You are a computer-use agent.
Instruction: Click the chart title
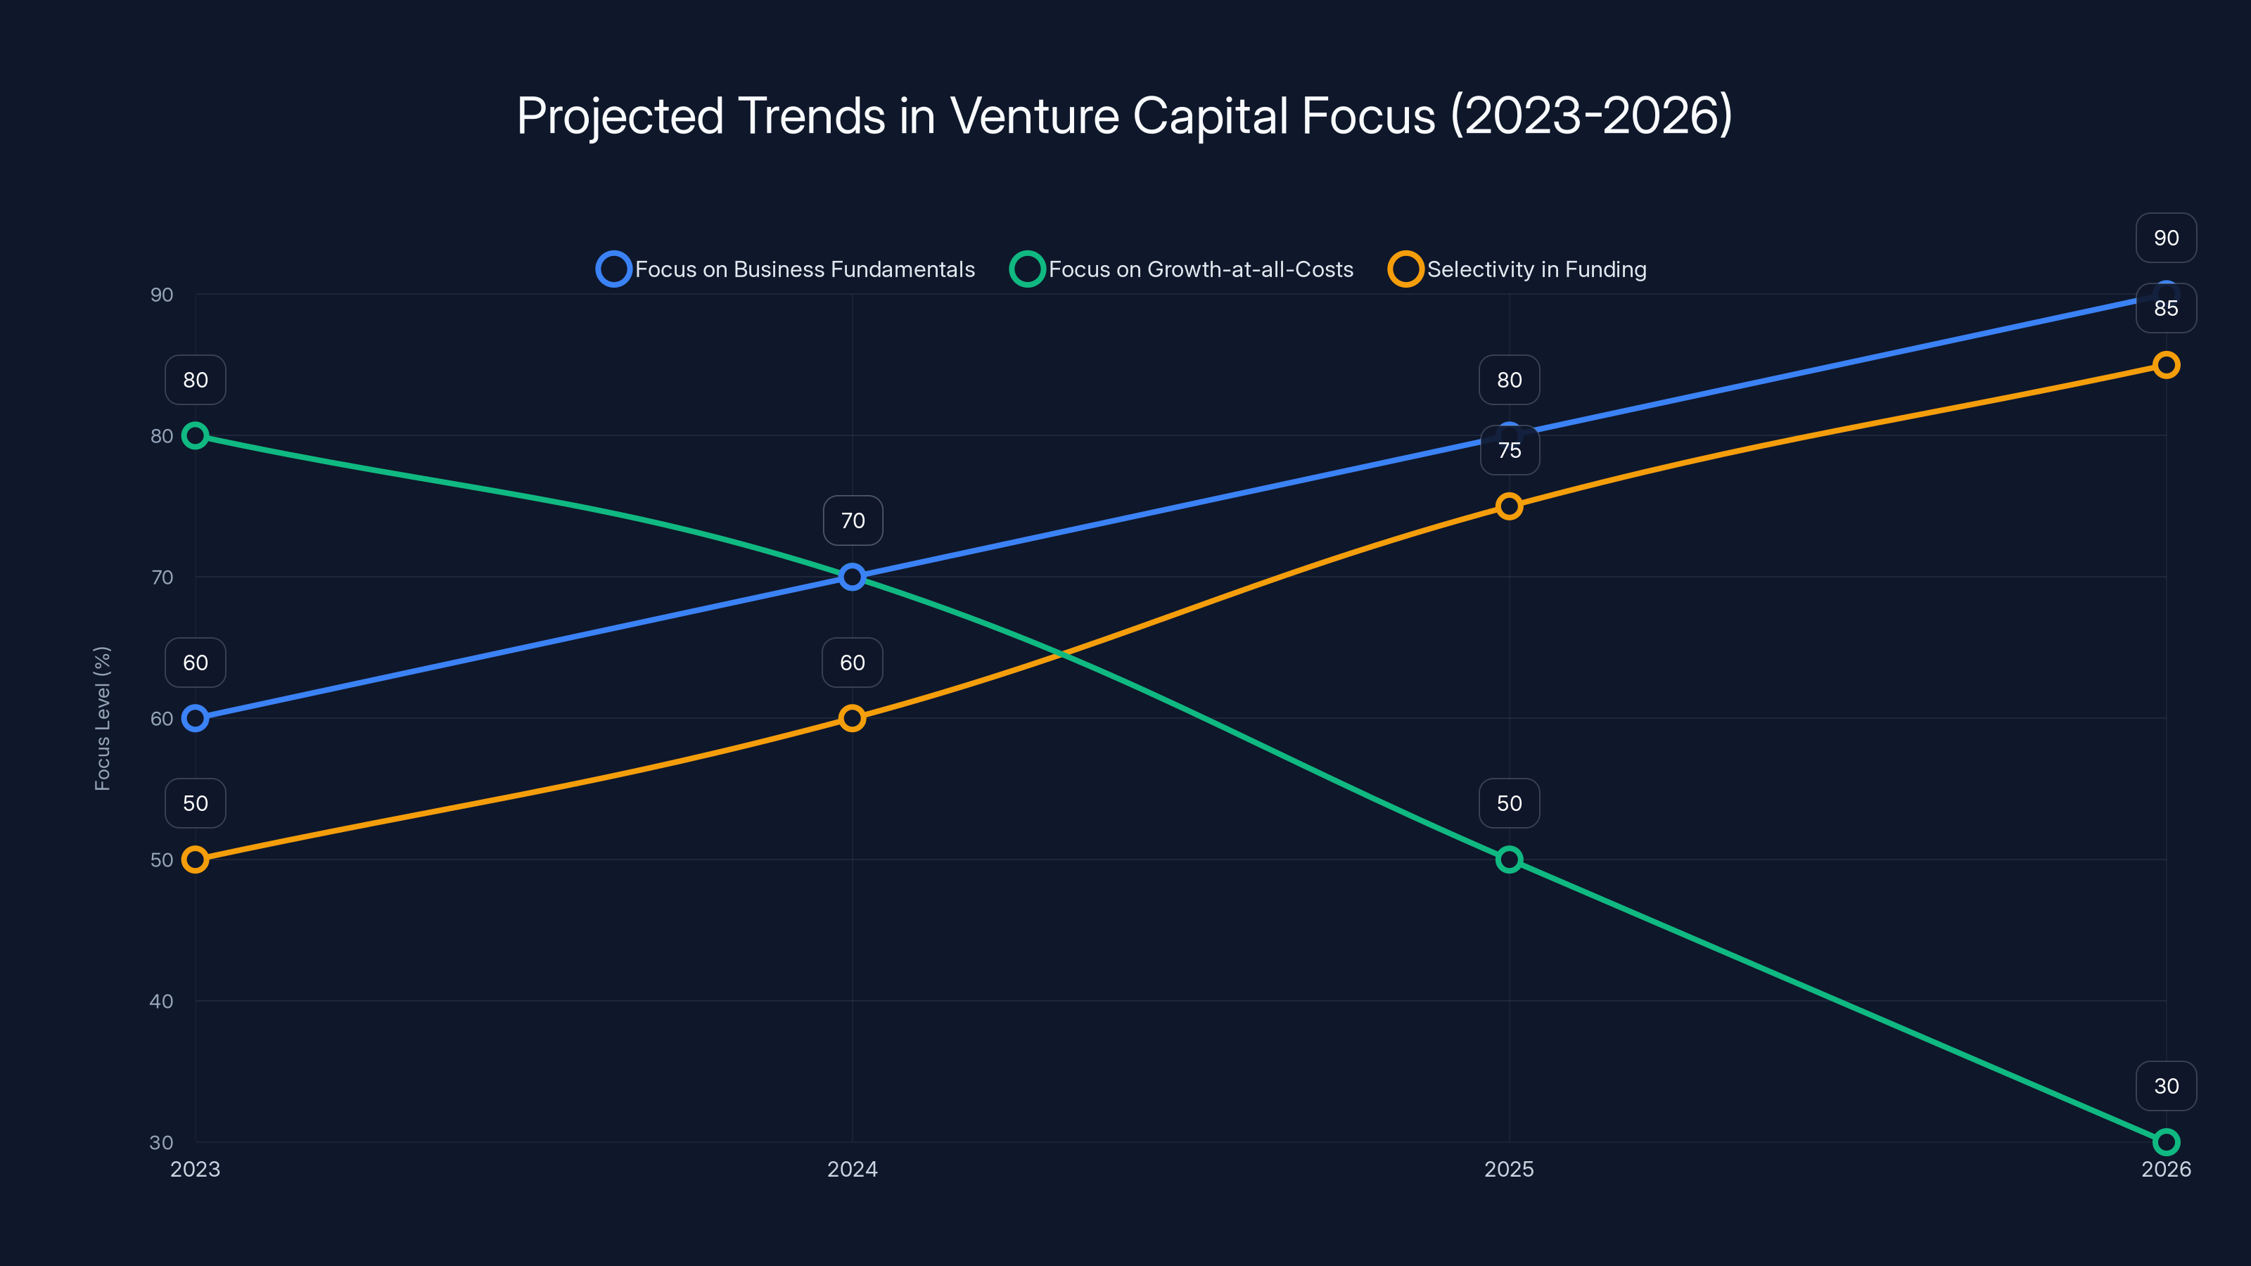pos(1125,116)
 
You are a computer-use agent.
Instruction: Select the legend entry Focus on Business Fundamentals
pos(786,269)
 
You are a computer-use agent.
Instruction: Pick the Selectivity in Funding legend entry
pos(1518,269)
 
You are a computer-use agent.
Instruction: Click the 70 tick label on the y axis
pos(162,577)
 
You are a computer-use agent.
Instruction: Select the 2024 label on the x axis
pos(852,1169)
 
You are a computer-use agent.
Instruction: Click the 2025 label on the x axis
pos(1509,1169)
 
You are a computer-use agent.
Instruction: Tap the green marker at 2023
pos(196,435)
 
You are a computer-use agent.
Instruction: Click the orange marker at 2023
pos(196,859)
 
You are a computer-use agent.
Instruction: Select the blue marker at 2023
pos(196,718)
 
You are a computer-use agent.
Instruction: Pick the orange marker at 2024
pos(852,718)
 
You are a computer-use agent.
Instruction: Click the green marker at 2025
pos(1509,859)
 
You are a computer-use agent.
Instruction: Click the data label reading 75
pos(1509,451)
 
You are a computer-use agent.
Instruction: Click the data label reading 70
pos(852,520)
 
